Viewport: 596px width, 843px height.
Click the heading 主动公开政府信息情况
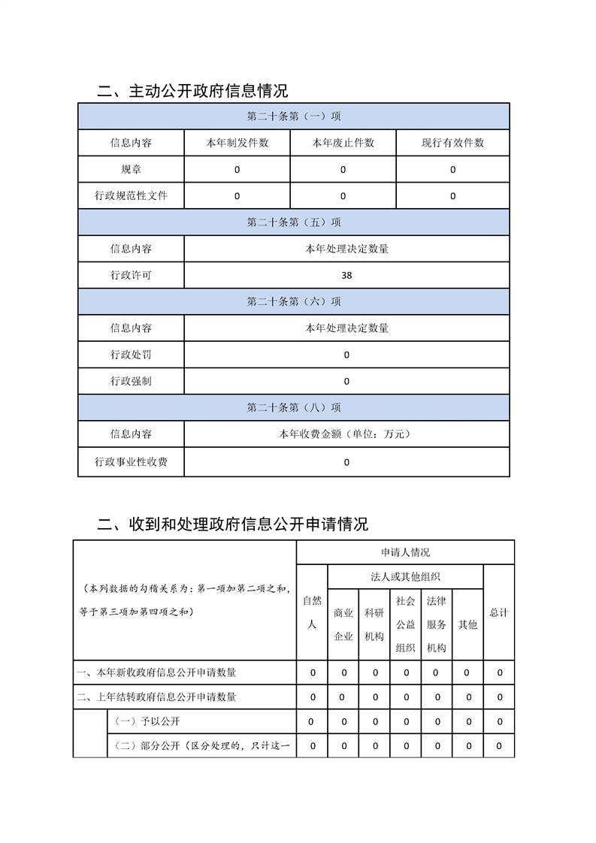coord(193,92)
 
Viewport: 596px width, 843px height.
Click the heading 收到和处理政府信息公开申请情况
coord(233,524)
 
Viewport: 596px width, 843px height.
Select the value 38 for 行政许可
coord(346,276)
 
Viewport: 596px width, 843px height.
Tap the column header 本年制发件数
coord(237,143)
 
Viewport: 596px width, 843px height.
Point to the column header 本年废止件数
coord(343,143)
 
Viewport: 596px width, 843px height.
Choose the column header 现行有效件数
coord(452,143)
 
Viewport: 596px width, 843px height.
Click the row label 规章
coord(131,170)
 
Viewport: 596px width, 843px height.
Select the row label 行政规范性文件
coord(131,196)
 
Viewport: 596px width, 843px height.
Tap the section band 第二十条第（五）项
coord(294,222)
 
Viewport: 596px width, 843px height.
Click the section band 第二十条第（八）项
coord(294,408)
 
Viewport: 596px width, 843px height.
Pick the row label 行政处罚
coord(131,355)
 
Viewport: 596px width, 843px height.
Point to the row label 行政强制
coord(131,381)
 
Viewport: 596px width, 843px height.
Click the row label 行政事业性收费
coord(131,462)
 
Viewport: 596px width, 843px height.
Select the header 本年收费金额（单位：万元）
coord(346,434)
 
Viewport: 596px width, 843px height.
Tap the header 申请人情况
coord(405,552)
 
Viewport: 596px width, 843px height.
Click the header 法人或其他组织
coord(405,577)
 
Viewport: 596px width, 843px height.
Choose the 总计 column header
coord(499,612)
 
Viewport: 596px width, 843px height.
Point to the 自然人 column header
coord(312,612)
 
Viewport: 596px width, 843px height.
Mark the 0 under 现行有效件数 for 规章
coord(452,170)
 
